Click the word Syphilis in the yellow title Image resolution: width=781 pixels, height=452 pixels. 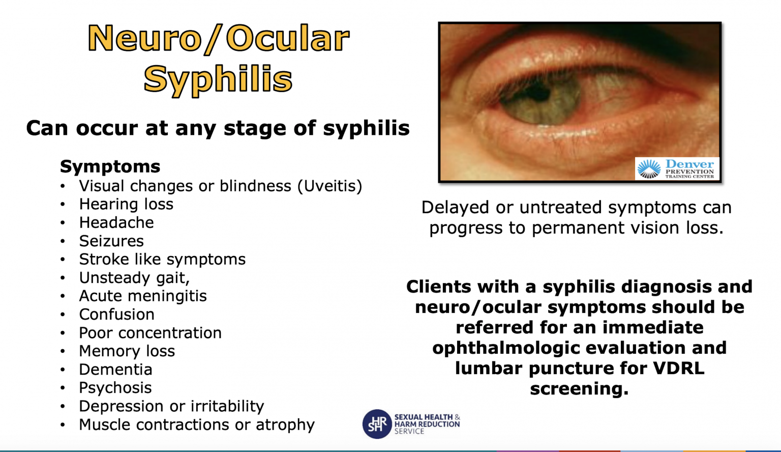point(218,79)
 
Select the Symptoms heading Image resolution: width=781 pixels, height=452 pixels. point(110,166)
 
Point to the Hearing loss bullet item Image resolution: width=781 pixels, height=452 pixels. point(126,204)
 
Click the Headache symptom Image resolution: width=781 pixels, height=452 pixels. point(116,222)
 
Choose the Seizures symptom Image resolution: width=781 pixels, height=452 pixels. point(111,241)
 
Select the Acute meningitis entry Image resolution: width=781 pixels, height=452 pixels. point(143,296)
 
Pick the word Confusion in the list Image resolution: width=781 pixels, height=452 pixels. point(116,314)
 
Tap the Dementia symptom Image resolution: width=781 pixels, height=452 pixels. point(115,369)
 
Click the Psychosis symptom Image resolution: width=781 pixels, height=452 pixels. point(115,387)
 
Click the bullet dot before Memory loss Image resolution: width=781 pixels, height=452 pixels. point(63,351)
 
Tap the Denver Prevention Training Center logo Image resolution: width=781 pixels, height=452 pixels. point(677,168)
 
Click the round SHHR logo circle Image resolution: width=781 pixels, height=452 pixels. point(377,423)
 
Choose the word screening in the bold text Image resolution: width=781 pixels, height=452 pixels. point(579,388)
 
